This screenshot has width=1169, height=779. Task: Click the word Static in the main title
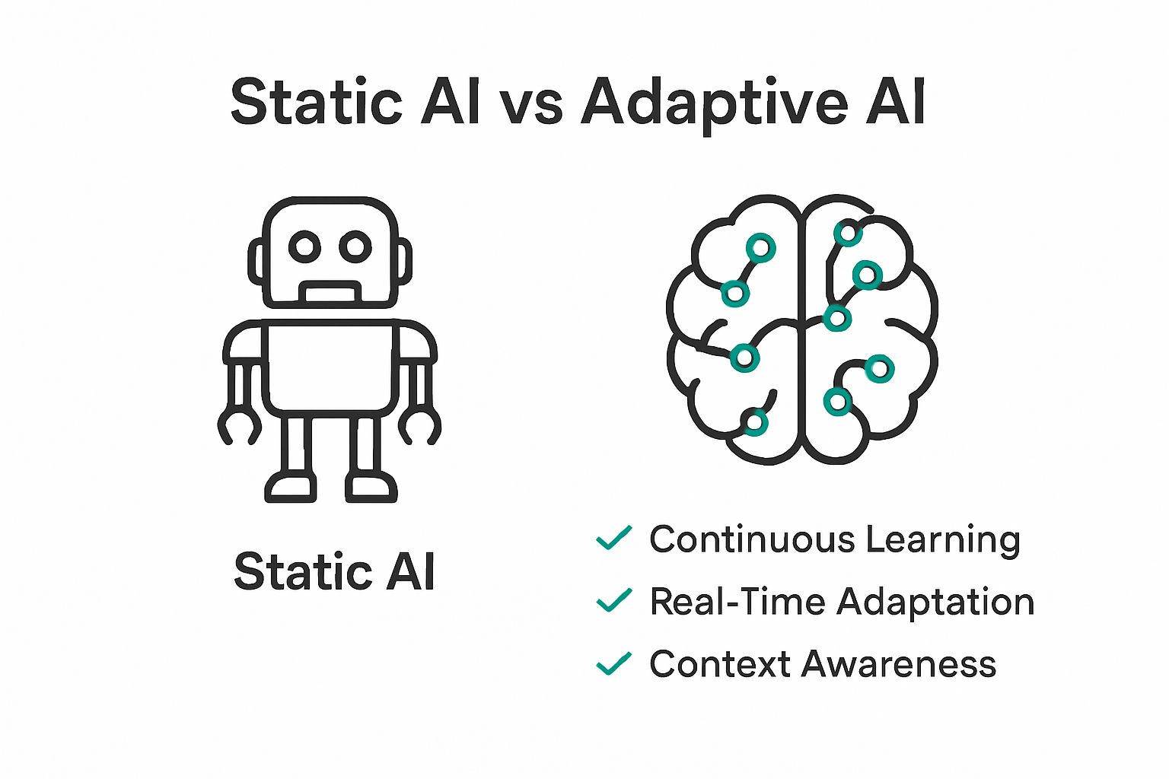coord(316,103)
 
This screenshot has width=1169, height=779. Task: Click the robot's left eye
coord(304,246)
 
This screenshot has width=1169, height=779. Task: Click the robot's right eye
coord(355,246)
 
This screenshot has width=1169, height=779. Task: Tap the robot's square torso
coord(330,367)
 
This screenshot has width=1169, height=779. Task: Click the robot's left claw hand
coord(238,427)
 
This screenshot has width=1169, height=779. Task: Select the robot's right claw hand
coord(421,427)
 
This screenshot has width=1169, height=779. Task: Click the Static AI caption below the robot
coord(334,571)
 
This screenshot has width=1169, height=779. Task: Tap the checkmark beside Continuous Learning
coord(613,538)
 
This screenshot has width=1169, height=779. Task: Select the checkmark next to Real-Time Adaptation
coord(613,600)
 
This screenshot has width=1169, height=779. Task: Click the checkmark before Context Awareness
coord(613,663)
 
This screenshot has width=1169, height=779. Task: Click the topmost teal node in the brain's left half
coord(760,247)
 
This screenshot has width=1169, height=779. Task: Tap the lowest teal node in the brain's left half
coord(755,422)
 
